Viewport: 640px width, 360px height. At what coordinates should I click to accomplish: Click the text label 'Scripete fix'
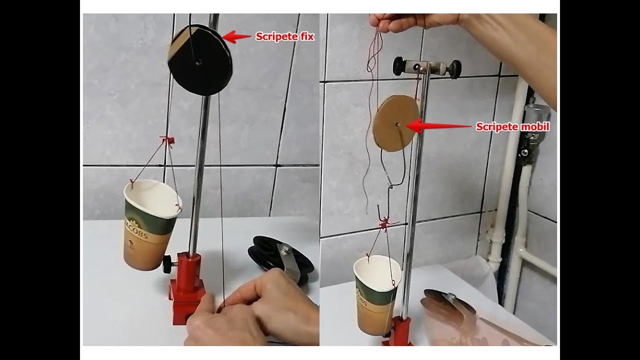coord(285,36)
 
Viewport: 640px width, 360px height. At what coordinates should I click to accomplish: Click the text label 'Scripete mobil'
coord(512,127)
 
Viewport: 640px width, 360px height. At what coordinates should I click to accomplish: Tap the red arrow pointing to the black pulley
coord(236,36)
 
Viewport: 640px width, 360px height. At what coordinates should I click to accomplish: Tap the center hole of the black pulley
coord(199,62)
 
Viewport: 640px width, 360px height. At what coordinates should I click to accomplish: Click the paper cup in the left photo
coord(150,225)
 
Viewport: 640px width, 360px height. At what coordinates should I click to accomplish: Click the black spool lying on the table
coord(275,257)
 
